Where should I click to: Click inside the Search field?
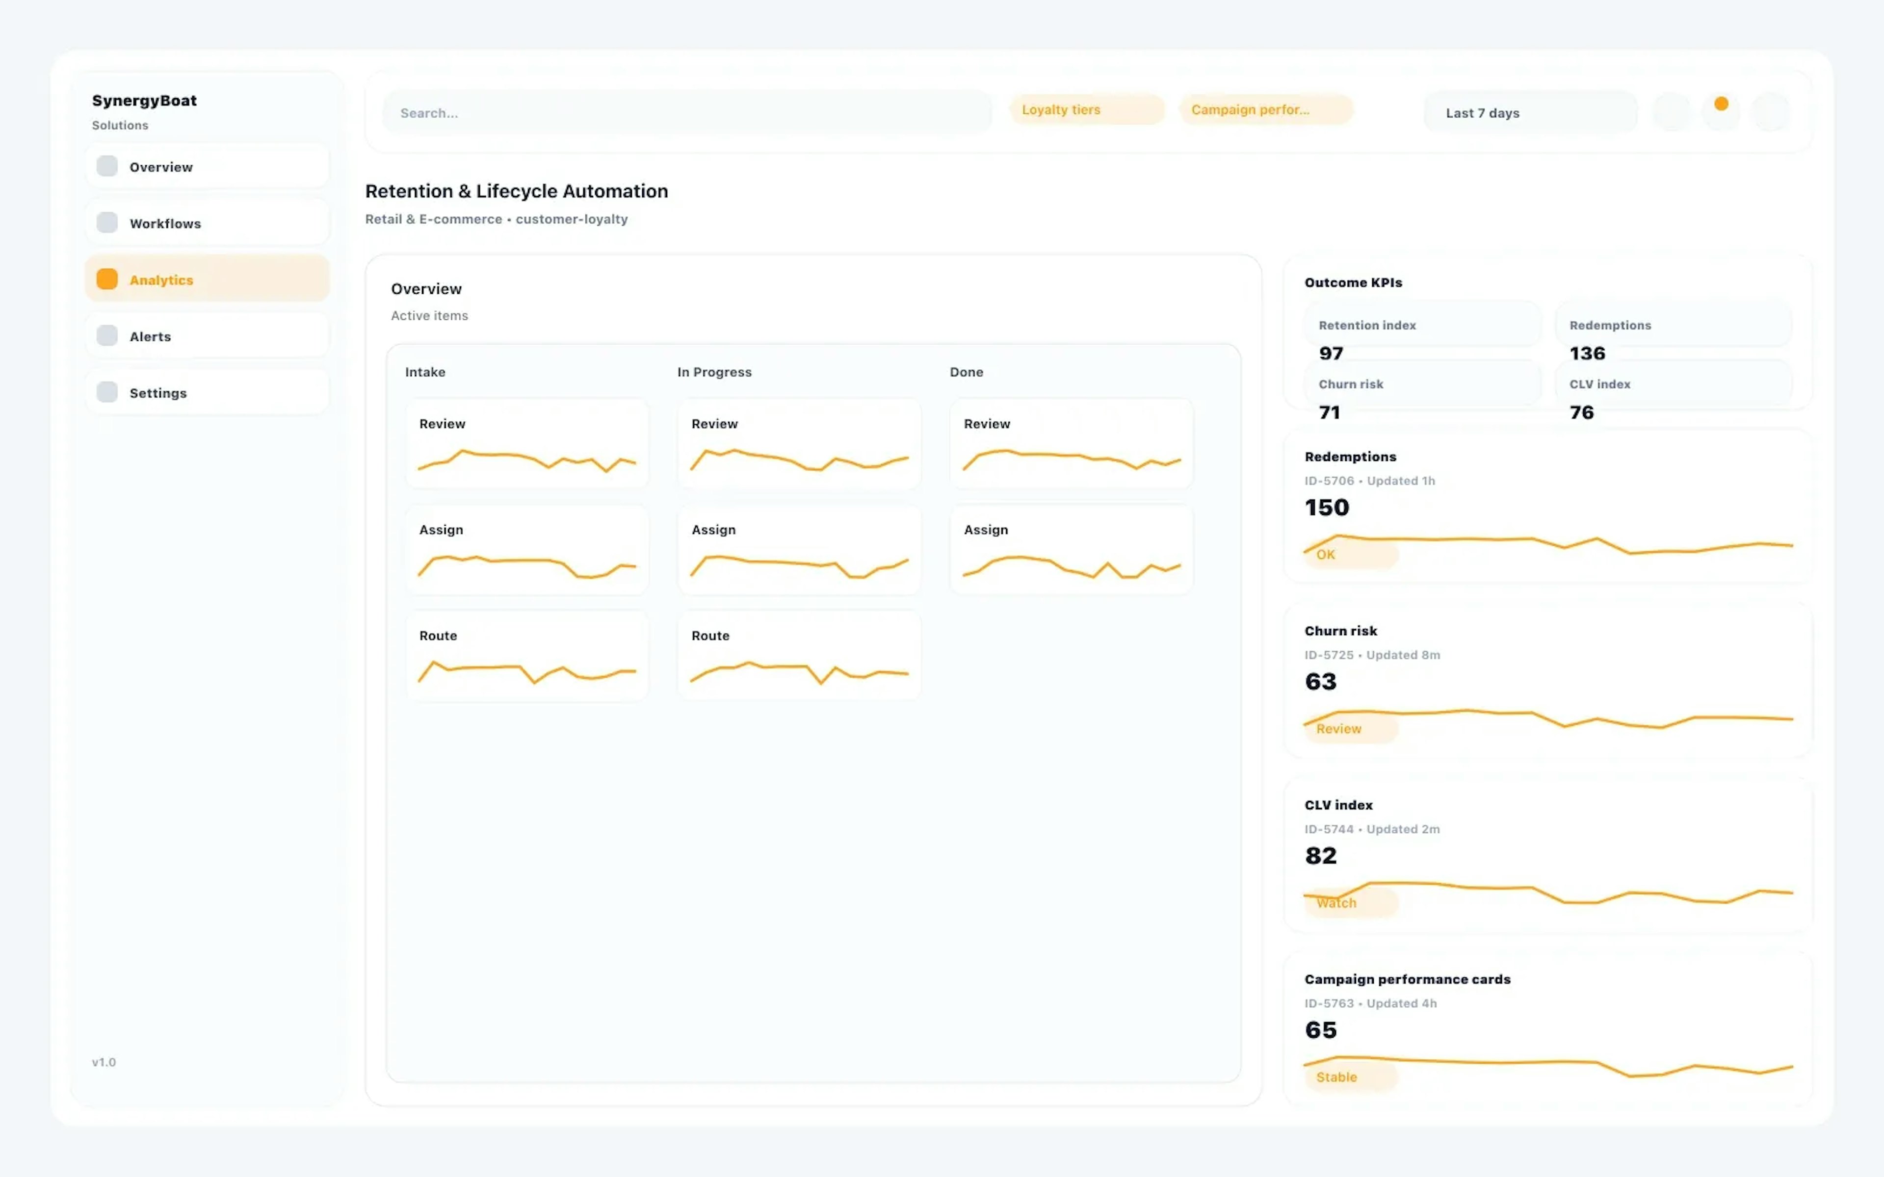(685, 113)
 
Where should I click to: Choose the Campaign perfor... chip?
(1265, 110)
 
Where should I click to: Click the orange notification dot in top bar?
(1721, 103)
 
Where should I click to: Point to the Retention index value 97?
(1331, 354)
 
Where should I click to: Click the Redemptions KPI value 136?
(1587, 354)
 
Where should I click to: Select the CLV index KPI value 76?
(1581, 412)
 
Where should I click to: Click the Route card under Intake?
(527, 656)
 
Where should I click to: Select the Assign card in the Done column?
(1071, 550)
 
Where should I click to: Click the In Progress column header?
(714, 372)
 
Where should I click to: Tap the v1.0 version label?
(104, 1062)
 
